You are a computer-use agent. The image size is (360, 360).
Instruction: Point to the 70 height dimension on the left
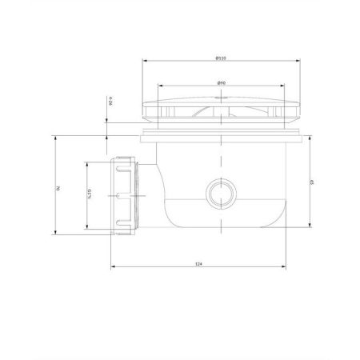point(57,188)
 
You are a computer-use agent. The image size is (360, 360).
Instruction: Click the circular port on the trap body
point(218,193)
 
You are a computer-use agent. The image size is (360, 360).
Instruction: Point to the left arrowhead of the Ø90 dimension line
point(159,87)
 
